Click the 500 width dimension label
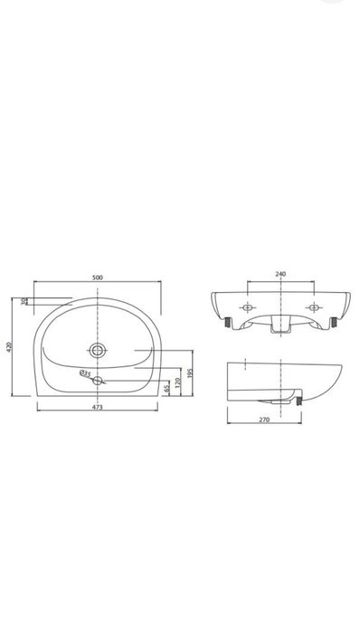pyautogui.click(x=98, y=278)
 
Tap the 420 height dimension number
pyautogui.click(x=10, y=346)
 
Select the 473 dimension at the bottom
pyautogui.click(x=97, y=407)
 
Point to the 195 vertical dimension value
pyautogui.click(x=191, y=373)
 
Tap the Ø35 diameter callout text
pyautogui.click(x=85, y=373)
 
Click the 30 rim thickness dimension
pyautogui.click(x=24, y=301)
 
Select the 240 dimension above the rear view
pyautogui.click(x=280, y=274)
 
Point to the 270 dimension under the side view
pyautogui.click(x=264, y=420)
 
